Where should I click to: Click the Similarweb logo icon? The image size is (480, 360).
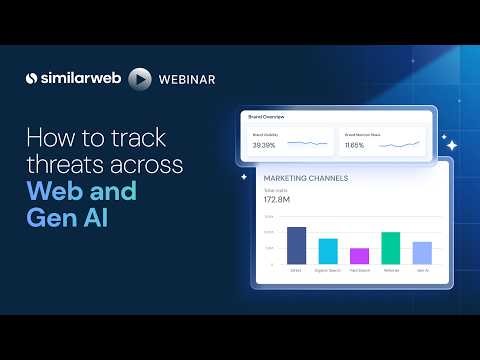[32, 78]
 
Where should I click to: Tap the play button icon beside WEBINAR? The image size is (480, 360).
[141, 78]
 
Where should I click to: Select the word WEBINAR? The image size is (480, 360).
[187, 78]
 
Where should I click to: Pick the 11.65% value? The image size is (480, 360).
[354, 145]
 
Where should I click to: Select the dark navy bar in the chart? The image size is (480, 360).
[296, 245]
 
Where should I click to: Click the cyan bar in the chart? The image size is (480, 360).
[328, 251]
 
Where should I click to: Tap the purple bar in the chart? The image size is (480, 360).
[359, 256]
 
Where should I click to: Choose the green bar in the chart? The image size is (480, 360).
[391, 248]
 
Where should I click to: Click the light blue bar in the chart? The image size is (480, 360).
[422, 252]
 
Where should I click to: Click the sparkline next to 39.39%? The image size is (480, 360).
[307, 144]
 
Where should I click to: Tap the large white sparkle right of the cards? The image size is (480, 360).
[451, 145]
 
